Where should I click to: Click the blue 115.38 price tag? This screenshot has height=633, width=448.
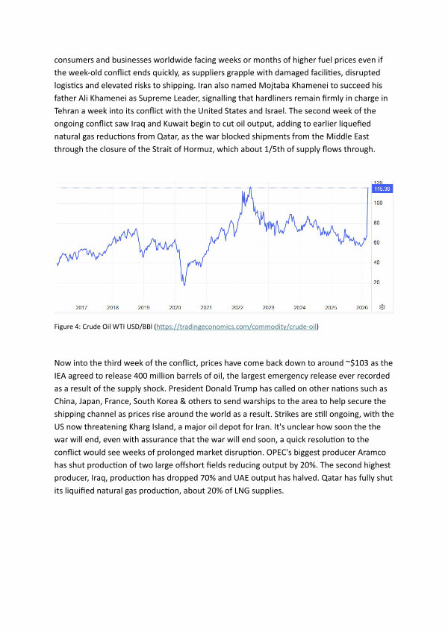(x=382, y=189)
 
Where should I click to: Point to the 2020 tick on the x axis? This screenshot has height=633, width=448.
(x=175, y=307)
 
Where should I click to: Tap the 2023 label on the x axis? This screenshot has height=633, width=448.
(x=268, y=307)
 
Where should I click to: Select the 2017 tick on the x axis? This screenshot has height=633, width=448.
(x=81, y=307)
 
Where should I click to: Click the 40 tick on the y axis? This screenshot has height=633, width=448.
(x=377, y=262)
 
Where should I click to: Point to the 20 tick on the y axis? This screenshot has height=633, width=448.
(x=377, y=282)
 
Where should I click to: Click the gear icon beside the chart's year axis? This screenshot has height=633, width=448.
(x=382, y=307)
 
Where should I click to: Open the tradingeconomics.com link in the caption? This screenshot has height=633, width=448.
(x=236, y=327)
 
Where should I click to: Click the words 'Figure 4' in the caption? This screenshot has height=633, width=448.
(x=69, y=327)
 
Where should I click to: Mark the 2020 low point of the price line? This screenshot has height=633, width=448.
(x=184, y=285)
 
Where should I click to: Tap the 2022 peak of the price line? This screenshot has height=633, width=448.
(x=249, y=188)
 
